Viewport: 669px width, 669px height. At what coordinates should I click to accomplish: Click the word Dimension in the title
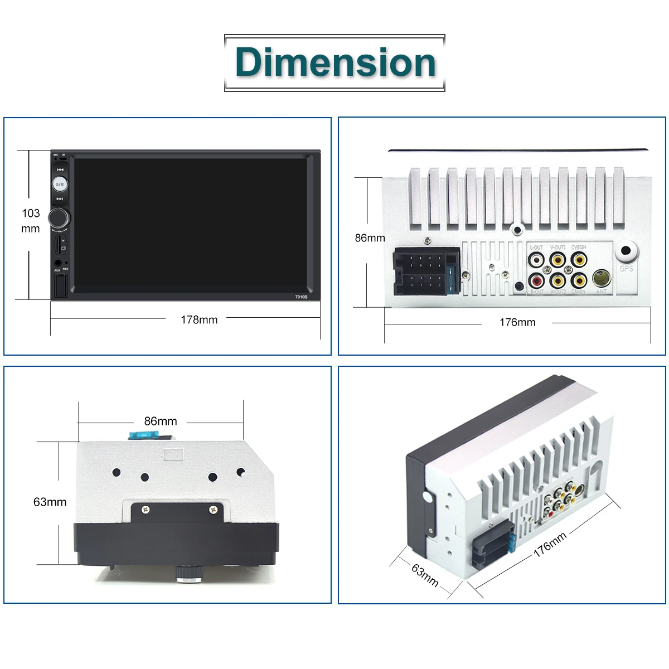point(335,62)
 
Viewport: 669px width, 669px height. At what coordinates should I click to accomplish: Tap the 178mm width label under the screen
point(199,319)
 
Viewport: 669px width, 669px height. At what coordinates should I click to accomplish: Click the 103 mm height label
point(31,221)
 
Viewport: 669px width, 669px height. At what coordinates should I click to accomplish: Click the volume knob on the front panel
point(59,217)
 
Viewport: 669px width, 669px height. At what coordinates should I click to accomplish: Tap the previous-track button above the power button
point(60,169)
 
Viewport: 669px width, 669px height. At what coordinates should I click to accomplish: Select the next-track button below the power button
point(60,198)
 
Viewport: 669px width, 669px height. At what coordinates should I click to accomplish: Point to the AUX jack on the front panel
point(57,262)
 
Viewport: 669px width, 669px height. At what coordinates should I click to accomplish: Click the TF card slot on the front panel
point(59,244)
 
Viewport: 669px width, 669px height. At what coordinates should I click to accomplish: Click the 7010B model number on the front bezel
point(301,297)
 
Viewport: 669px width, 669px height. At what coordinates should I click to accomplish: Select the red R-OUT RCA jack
point(536,279)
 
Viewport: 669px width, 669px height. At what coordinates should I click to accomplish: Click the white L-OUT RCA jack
point(536,259)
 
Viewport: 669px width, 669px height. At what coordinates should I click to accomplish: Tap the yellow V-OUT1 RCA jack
point(557,259)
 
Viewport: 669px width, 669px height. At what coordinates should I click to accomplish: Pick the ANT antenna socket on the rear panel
point(601,278)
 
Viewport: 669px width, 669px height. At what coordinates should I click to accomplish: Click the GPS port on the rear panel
point(627,251)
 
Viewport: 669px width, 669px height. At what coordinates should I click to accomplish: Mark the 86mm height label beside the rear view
point(370,238)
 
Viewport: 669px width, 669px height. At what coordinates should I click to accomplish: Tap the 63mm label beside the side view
point(50,502)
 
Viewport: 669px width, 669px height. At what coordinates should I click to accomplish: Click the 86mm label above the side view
point(161,421)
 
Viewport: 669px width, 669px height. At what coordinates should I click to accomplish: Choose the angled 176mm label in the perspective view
point(550,544)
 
